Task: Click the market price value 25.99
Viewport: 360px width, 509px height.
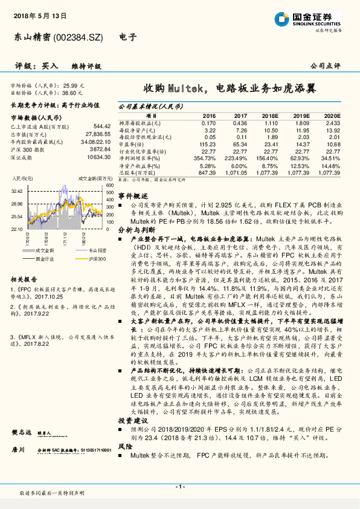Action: [71, 86]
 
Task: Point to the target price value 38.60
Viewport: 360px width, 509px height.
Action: [71, 94]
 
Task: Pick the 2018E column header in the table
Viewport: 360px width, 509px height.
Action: [269, 115]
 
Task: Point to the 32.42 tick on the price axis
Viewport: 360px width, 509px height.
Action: [17, 191]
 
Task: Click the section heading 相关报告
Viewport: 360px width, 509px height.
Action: [25, 279]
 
